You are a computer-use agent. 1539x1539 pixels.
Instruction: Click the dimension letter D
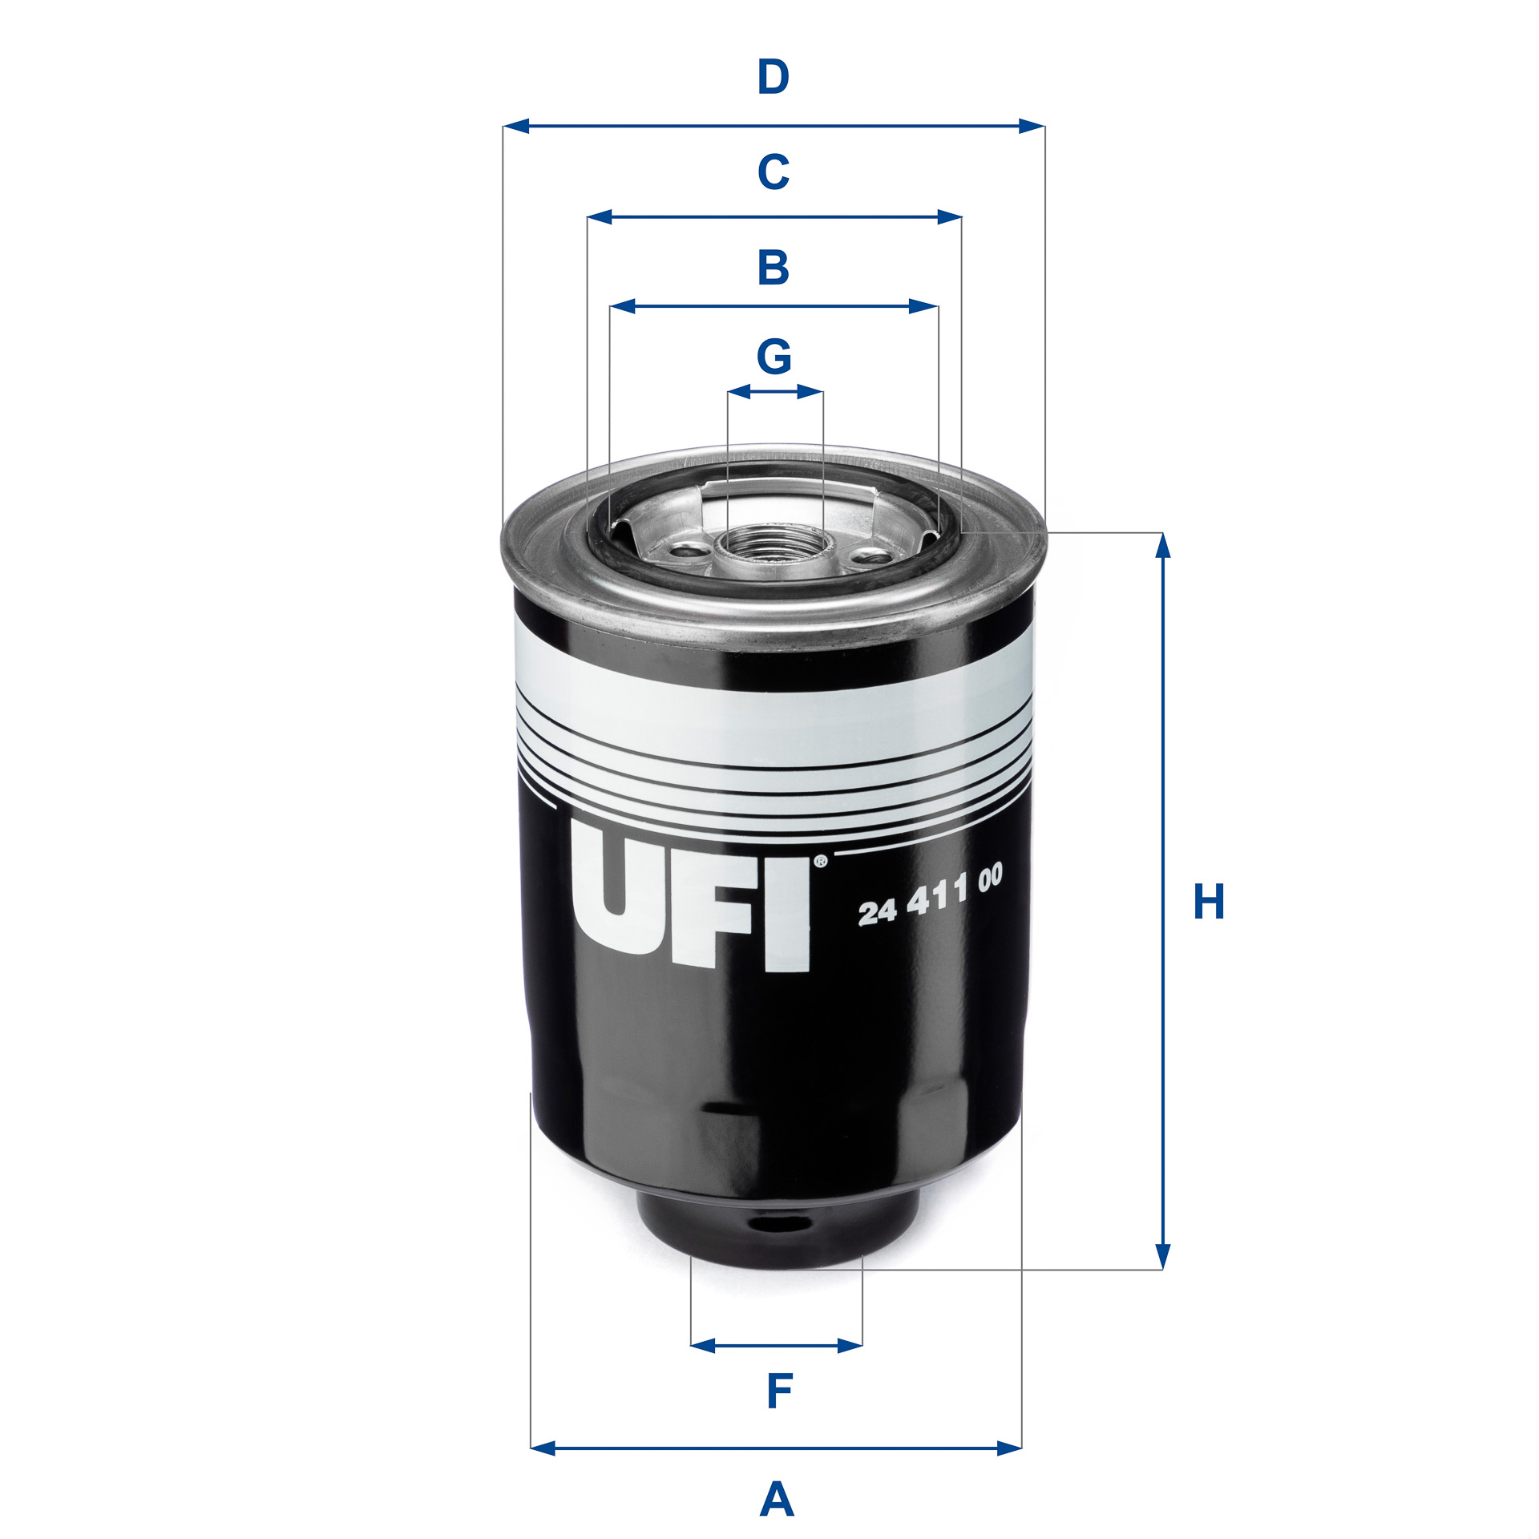pyautogui.click(x=774, y=78)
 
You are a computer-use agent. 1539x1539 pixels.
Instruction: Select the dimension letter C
pyautogui.click(x=774, y=172)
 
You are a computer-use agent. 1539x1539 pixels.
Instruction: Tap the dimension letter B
pyautogui.click(x=774, y=268)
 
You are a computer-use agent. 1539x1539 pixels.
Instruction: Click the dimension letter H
pyautogui.click(x=1209, y=901)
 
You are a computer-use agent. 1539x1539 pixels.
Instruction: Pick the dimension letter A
pyautogui.click(x=776, y=1499)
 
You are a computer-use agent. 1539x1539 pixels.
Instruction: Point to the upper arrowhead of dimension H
pyautogui.click(x=1164, y=545)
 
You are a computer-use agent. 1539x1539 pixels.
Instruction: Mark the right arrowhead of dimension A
pyautogui.click(x=1009, y=1470)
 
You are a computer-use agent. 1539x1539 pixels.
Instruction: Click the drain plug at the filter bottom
pyautogui.click(x=776, y=1235)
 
